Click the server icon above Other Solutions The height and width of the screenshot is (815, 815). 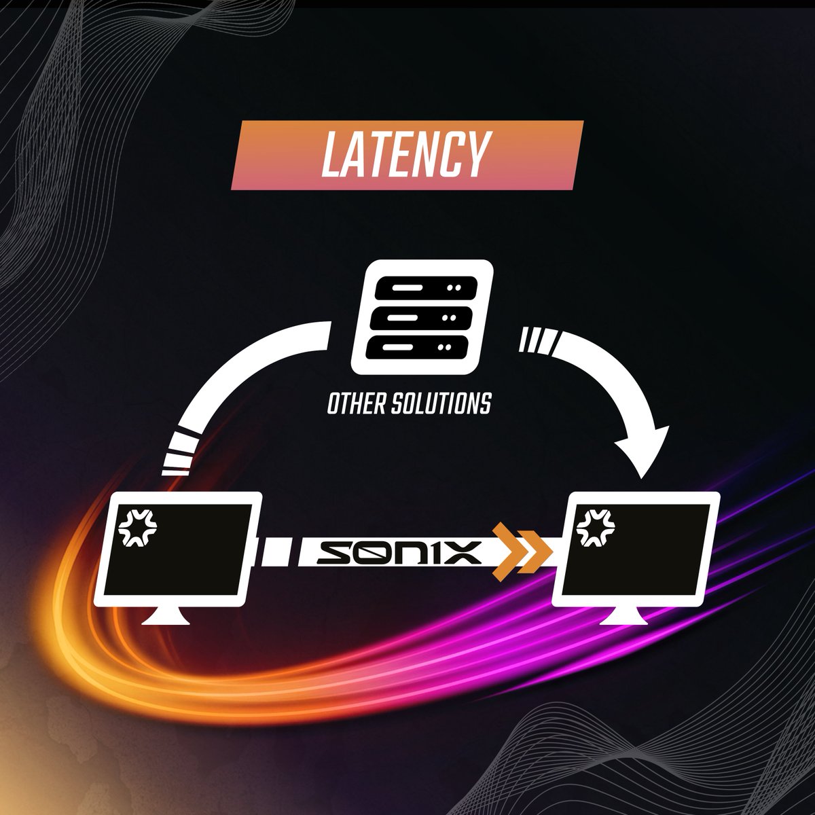(x=422, y=317)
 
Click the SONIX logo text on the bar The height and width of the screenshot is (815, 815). (x=399, y=552)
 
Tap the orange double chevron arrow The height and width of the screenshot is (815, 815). (x=522, y=552)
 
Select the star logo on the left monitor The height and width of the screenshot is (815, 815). (x=137, y=528)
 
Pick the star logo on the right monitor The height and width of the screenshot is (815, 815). (x=596, y=528)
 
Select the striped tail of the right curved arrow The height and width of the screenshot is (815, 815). (x=539, y=340)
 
